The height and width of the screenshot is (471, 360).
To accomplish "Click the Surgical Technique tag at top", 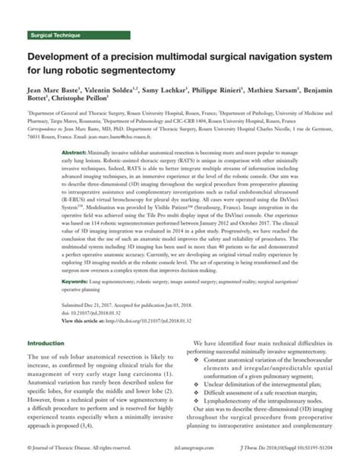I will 55,36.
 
